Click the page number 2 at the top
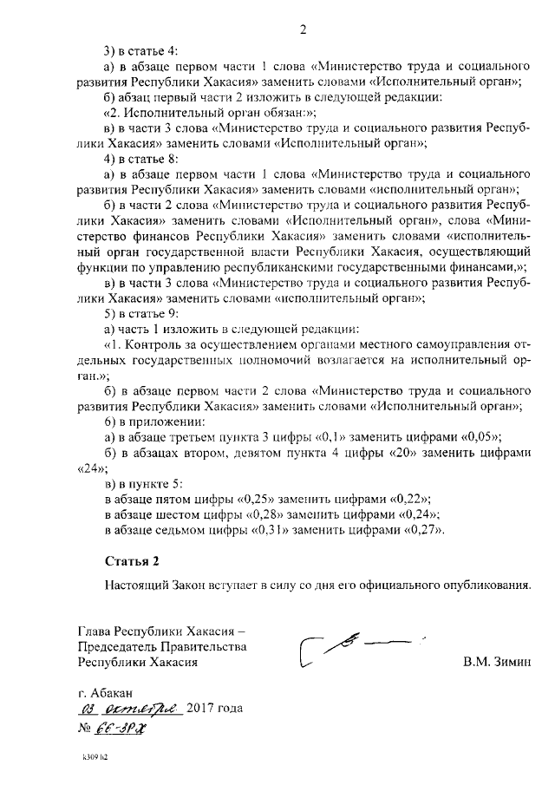(304, 30)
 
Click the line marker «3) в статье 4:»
(140, 50)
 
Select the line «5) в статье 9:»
(140, 313)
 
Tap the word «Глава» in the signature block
(95, 631)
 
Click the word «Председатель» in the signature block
(118, 646)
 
